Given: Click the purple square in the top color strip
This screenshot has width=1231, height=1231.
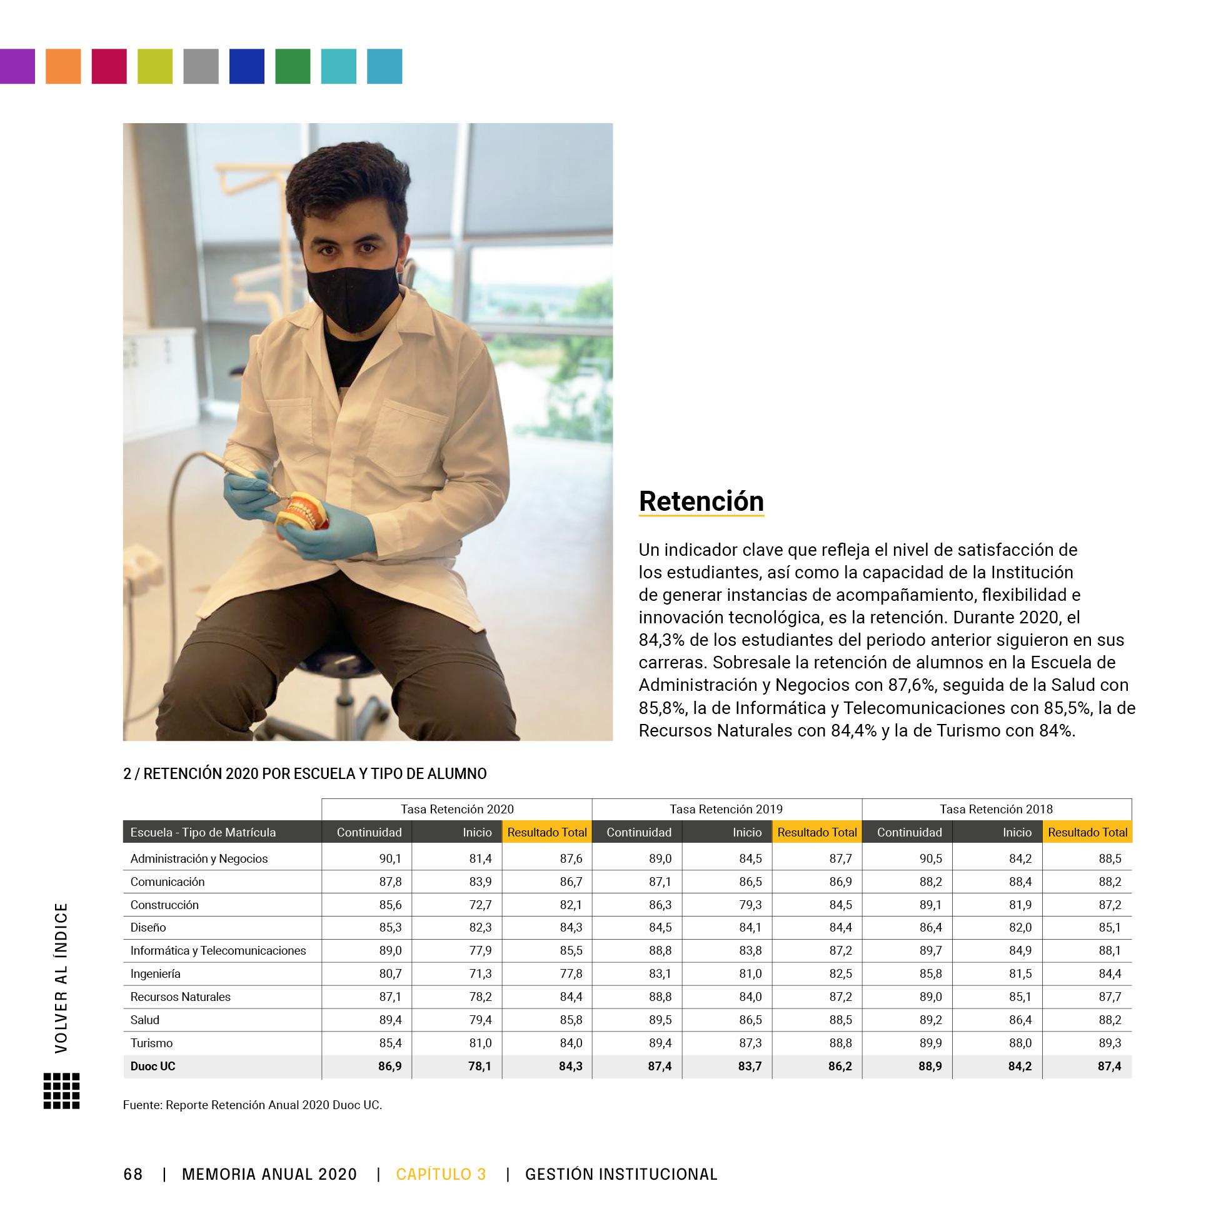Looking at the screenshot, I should tap(18, 66).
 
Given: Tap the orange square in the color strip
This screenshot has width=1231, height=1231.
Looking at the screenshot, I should tap(63, 66).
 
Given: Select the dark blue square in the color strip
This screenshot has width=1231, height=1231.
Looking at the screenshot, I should tap(246, 66).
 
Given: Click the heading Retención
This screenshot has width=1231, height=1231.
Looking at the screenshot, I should tap(701, 501).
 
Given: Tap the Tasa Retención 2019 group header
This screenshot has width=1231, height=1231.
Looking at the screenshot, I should tap(726, 809).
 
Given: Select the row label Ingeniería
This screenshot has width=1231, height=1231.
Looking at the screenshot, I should tap(156, 973).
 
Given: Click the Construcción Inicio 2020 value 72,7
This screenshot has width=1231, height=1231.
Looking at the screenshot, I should tap(480, 905).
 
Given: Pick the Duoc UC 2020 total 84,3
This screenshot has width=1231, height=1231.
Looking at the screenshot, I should tap(570, 1066).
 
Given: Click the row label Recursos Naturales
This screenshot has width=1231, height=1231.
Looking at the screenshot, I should tap(180, 997).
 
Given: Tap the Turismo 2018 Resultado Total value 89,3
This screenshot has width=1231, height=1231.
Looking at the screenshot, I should tap(1109, 1043).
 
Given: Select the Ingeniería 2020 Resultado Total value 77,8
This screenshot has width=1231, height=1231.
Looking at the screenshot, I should tap(570, 973).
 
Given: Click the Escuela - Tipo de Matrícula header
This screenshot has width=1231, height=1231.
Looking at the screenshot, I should tap(203, 832).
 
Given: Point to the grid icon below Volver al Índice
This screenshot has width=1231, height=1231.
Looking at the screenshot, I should tap(62, 1091).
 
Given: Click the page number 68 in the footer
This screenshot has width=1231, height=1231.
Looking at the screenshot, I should tap(133, 1174).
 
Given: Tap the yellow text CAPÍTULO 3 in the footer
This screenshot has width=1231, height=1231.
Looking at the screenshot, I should tap(441, 1174).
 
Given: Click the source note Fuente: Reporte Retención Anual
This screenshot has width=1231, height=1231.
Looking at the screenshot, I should tap(253, 1105).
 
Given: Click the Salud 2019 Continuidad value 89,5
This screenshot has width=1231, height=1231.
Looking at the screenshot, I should tap(660, 1020).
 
